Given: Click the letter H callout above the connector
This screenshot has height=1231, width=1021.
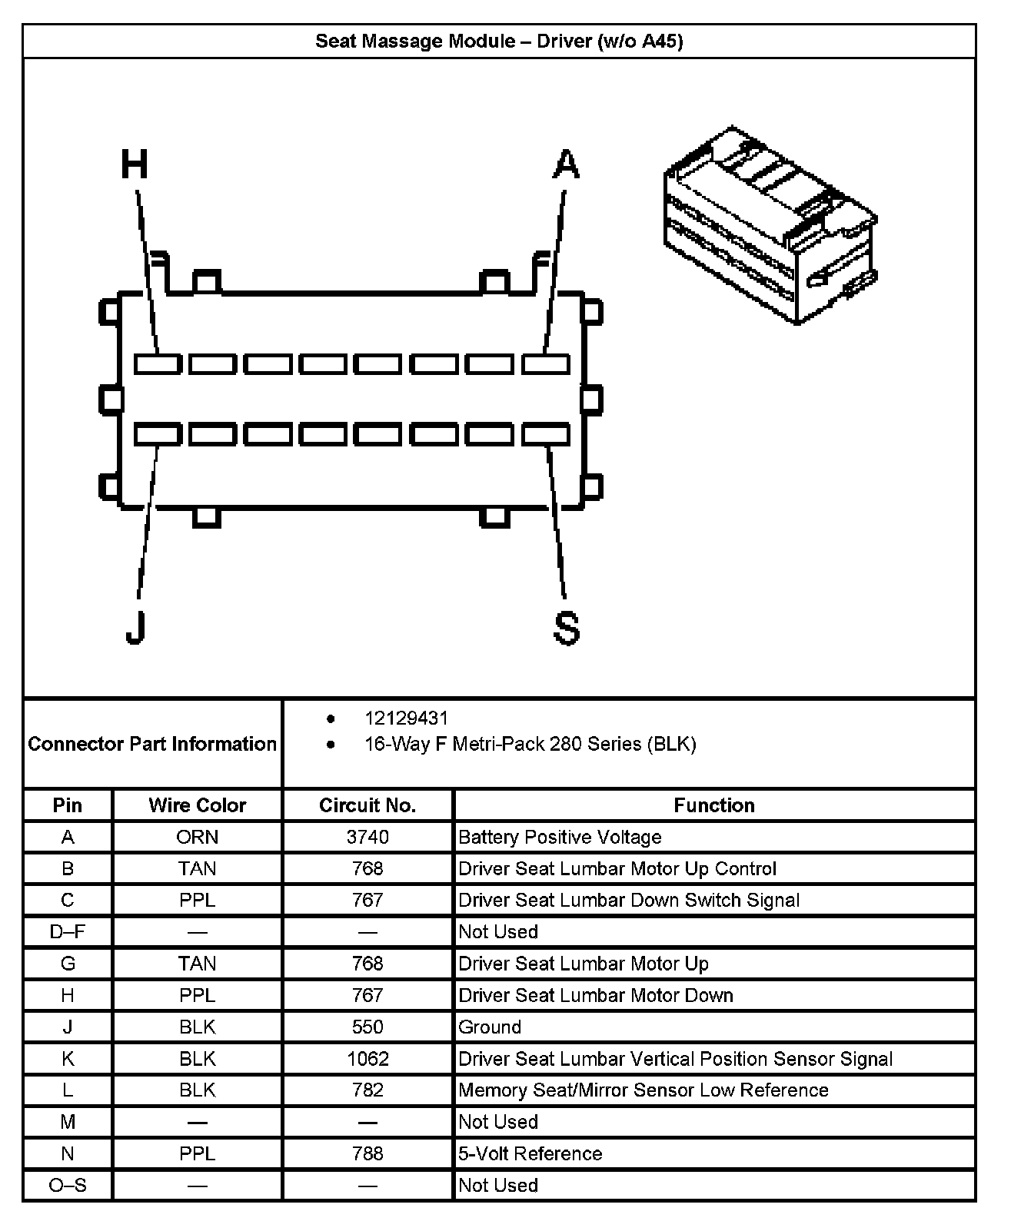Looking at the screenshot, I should (x=135, y=164).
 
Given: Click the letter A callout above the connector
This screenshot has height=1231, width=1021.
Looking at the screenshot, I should (x=566, y=164).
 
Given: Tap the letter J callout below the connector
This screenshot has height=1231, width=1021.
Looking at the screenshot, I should (x=135, y=627).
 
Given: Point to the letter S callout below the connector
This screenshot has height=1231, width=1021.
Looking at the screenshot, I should (x=567, y=628).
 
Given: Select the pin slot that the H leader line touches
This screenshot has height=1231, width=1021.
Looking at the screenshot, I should (x=158, y=363).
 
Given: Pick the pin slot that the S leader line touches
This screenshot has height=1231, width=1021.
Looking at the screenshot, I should (x=546, y=435).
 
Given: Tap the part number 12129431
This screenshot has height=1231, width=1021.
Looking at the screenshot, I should (x=406, y=718).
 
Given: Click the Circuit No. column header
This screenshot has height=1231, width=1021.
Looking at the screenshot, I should (x=367, y=805).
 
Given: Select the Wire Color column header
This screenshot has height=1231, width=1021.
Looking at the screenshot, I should (x=197, y=805).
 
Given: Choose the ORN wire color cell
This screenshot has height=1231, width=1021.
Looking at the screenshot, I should (x=197, y=837).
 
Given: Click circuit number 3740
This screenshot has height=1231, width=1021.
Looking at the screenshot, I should (x=367, y=837).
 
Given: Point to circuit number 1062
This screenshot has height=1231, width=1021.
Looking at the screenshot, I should (x=367, y=1059).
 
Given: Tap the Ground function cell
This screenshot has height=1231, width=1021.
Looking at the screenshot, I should (x=490, y=1027).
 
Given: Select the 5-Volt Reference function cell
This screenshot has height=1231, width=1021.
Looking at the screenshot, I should (x=530, y=1154).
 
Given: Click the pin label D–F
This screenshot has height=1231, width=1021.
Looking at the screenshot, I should (x=68, y=932).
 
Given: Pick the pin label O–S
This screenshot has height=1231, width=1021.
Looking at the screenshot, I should (x=68, y=1186).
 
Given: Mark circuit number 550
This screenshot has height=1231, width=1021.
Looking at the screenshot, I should (x=367, y=1027).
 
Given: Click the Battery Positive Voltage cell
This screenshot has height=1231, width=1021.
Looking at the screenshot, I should (x=560, y=837).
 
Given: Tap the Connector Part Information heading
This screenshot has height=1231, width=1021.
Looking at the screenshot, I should (x=152, y=744).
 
